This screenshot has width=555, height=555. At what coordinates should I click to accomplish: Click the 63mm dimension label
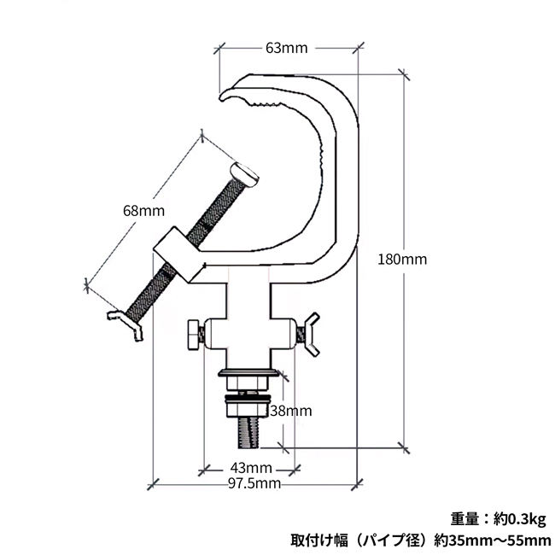click(286, 48)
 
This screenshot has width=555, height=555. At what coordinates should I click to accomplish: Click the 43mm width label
click(251, 468)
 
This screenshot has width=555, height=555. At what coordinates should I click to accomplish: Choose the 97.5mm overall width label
click(254, 484)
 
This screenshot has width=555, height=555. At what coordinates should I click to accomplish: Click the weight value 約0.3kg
click(517, 518)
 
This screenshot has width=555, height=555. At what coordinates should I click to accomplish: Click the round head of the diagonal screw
click(246, 174)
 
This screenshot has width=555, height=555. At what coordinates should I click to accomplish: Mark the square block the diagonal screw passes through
click(178, 254)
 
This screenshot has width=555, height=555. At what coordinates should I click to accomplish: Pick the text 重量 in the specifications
click(466, 518)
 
